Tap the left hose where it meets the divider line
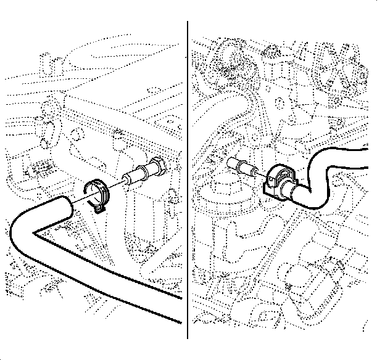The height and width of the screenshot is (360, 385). pyautogui.click(x=181, y=308)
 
